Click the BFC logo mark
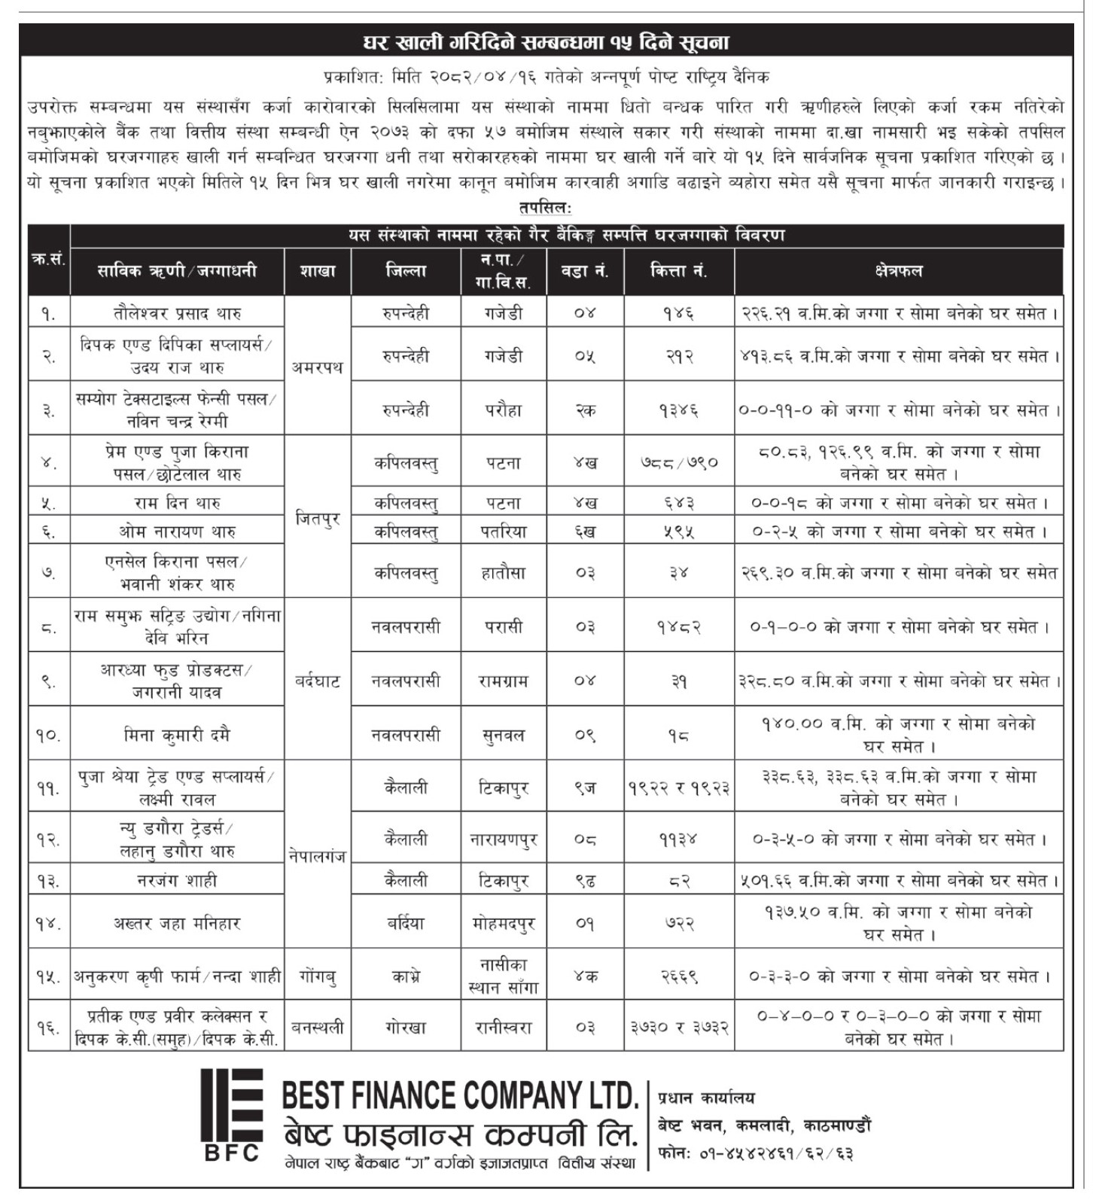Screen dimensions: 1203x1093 pos(232,1113)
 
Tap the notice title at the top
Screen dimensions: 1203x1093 pos(546,42)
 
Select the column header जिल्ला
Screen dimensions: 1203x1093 pos(406,271)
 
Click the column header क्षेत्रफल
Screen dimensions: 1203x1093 pos(899,271)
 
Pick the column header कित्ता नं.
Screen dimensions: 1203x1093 pos(678,271)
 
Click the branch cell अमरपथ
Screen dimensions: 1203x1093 pos(317,367)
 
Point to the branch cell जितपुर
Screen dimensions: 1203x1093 pos(317,518)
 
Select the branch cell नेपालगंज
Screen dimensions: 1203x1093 pos(317,855)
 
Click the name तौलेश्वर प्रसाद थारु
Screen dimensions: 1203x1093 pos(177,312)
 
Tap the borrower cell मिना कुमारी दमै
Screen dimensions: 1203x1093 pos(177,735)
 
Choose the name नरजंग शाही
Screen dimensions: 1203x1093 pos(177,880)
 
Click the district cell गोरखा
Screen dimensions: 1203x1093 pos(406,1027)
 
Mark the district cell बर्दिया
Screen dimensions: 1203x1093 pos(406,923)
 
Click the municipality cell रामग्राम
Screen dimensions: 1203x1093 pos(504,681)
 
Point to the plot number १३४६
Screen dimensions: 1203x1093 pos(678,410)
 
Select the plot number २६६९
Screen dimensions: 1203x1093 pos(678,976)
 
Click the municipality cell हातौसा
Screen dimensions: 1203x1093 pos(504,573)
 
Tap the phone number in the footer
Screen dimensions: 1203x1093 pos(756,1153)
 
